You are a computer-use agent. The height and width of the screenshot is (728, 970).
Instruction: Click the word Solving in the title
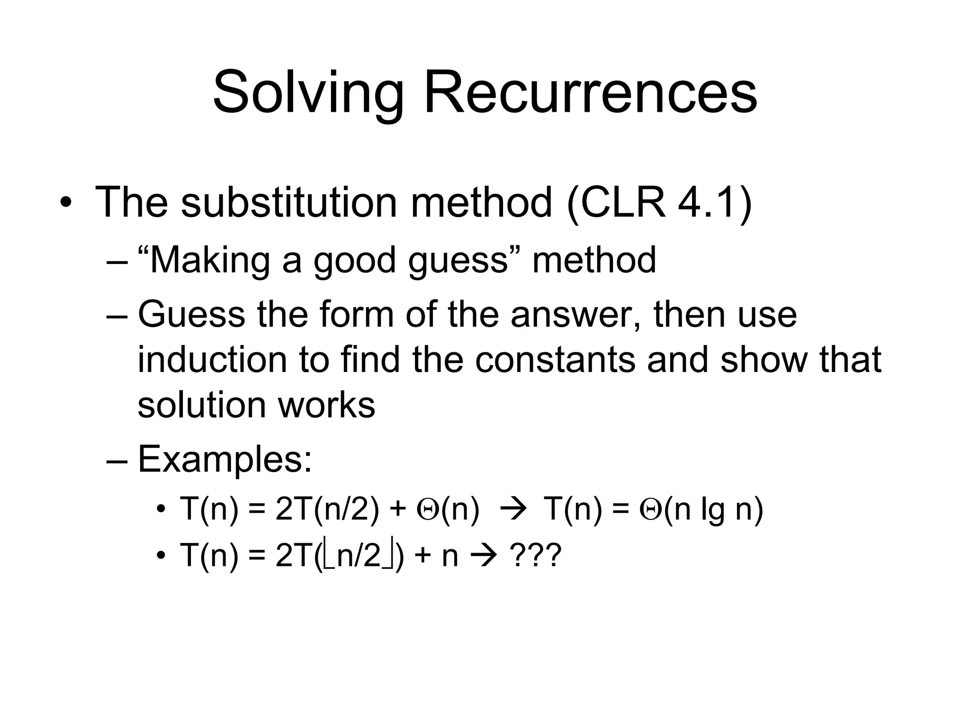308,92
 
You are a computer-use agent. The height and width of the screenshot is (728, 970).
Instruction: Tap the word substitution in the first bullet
288,202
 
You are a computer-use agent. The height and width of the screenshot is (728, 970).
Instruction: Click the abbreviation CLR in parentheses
623,202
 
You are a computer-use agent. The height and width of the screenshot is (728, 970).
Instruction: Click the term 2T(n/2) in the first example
327,510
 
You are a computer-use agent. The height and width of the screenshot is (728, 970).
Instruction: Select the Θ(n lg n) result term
701,510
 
